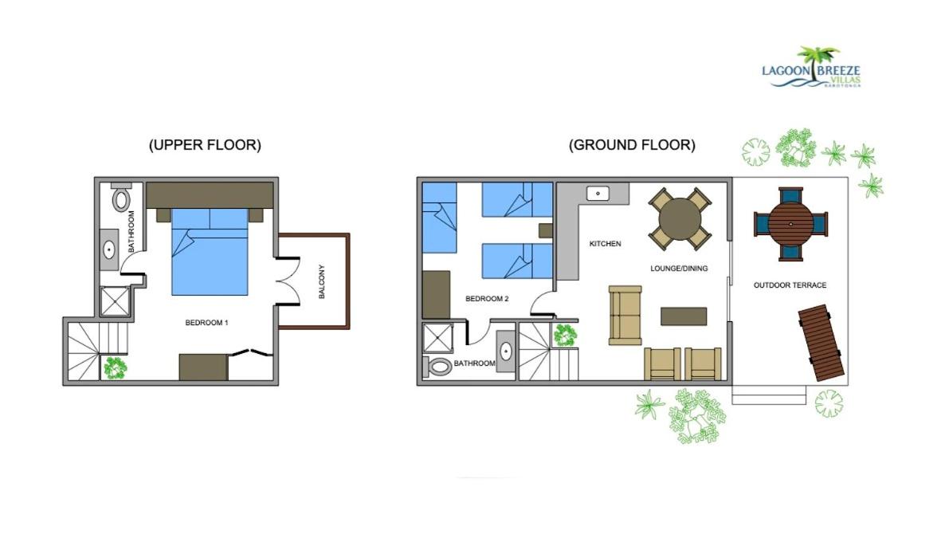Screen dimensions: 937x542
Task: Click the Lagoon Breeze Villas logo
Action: pos(811,68)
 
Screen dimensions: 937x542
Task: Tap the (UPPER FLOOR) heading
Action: pos(205,144)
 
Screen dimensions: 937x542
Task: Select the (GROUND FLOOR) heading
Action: pos(632,144)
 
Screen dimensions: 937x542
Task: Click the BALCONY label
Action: pos(322,281)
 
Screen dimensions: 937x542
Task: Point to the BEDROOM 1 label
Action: pos(207,323)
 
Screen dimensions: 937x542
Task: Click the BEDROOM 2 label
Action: pos(487,299)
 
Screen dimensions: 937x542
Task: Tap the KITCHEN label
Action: pos(605,244)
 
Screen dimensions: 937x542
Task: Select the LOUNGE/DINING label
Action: pos(679,269)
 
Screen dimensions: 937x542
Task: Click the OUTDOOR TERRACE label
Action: pos(790,285)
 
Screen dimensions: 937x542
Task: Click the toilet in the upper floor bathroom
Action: pos(121,198)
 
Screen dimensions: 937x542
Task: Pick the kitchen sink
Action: pos(598,193)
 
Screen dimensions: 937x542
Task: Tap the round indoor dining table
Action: pos(680,218)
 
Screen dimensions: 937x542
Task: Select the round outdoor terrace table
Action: pos(790,224)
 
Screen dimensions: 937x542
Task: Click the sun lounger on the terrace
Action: pos(821,343)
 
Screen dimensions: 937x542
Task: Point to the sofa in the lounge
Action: pos(625,316)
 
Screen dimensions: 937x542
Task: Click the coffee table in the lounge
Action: pos(684,316)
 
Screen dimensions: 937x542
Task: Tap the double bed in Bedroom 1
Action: pos(210,252)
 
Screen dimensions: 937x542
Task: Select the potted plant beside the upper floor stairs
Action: pos(115,368)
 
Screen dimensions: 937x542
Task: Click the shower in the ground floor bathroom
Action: pos(438,338)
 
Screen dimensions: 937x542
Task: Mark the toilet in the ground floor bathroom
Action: pos(437,367)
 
